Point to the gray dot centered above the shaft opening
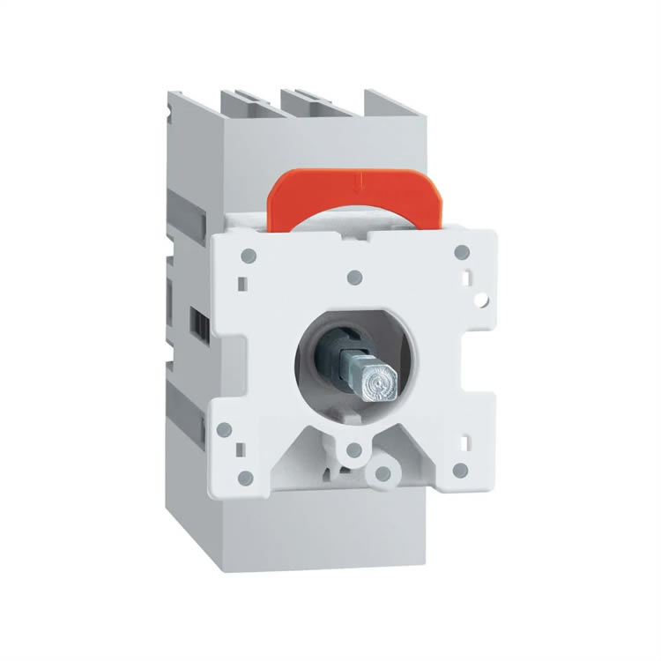(x=354, y=277)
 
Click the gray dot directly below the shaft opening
(x=353, y=450)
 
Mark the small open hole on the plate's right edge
(x=481, y=300)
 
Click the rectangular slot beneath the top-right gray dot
(x=466, y=281)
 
